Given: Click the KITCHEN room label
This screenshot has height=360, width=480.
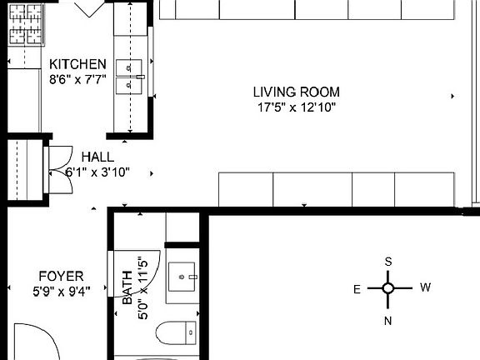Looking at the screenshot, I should (77, 65).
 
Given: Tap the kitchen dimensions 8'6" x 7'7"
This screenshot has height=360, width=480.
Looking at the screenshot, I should (77, 80).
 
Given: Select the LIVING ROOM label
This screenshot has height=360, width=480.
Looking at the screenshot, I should (297, 92).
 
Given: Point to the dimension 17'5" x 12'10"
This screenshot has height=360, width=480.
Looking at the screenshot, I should (297, 107).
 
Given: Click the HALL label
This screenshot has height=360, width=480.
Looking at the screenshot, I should (97, 157).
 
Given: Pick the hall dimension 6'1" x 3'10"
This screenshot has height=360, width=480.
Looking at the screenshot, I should (97, 172).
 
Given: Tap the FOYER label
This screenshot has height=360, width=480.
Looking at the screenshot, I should (61, 276).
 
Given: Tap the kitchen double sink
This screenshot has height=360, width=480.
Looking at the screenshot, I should (132, 74).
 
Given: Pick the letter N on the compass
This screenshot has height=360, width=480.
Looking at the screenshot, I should (388, 319).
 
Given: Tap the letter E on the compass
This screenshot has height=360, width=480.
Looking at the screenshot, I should (357, 289).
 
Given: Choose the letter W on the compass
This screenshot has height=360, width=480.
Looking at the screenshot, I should (425, 288).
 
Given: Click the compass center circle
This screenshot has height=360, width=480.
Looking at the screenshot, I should (388, 289).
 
